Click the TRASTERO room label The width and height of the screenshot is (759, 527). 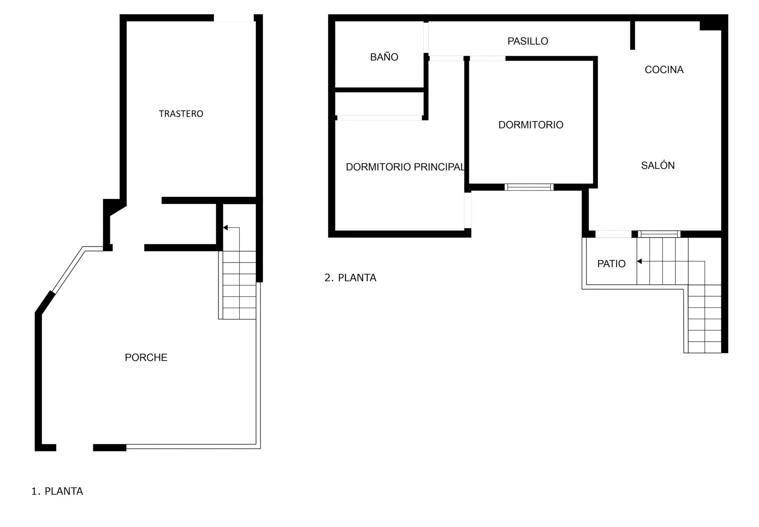point(181,114)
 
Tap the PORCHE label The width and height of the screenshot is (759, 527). point(146,357)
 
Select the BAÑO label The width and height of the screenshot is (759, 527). point(384,57)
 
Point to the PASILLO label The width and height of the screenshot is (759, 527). point(528,41)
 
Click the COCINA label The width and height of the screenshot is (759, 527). point(664,70)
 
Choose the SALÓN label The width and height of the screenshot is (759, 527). point(658,165)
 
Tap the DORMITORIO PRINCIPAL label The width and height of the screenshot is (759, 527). point(405,167)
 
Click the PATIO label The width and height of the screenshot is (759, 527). point(612,264)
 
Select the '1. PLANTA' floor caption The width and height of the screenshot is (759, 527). point(57,491)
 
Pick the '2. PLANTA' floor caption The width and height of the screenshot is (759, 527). point(350,278)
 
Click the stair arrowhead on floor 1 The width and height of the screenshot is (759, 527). point(225,228)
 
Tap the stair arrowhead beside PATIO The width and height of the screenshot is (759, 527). point(639,261)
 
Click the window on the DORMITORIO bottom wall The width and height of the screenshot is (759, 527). point(529,187)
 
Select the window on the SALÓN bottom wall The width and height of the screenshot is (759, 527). point(659,234)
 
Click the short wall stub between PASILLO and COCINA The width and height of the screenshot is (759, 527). point(632,35)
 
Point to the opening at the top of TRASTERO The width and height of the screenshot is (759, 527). point(234,18)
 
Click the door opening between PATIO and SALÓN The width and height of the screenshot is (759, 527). point(614,234)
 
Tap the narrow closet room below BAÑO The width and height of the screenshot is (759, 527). point(379,104)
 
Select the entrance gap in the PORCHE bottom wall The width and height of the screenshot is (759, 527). point(74,448)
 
